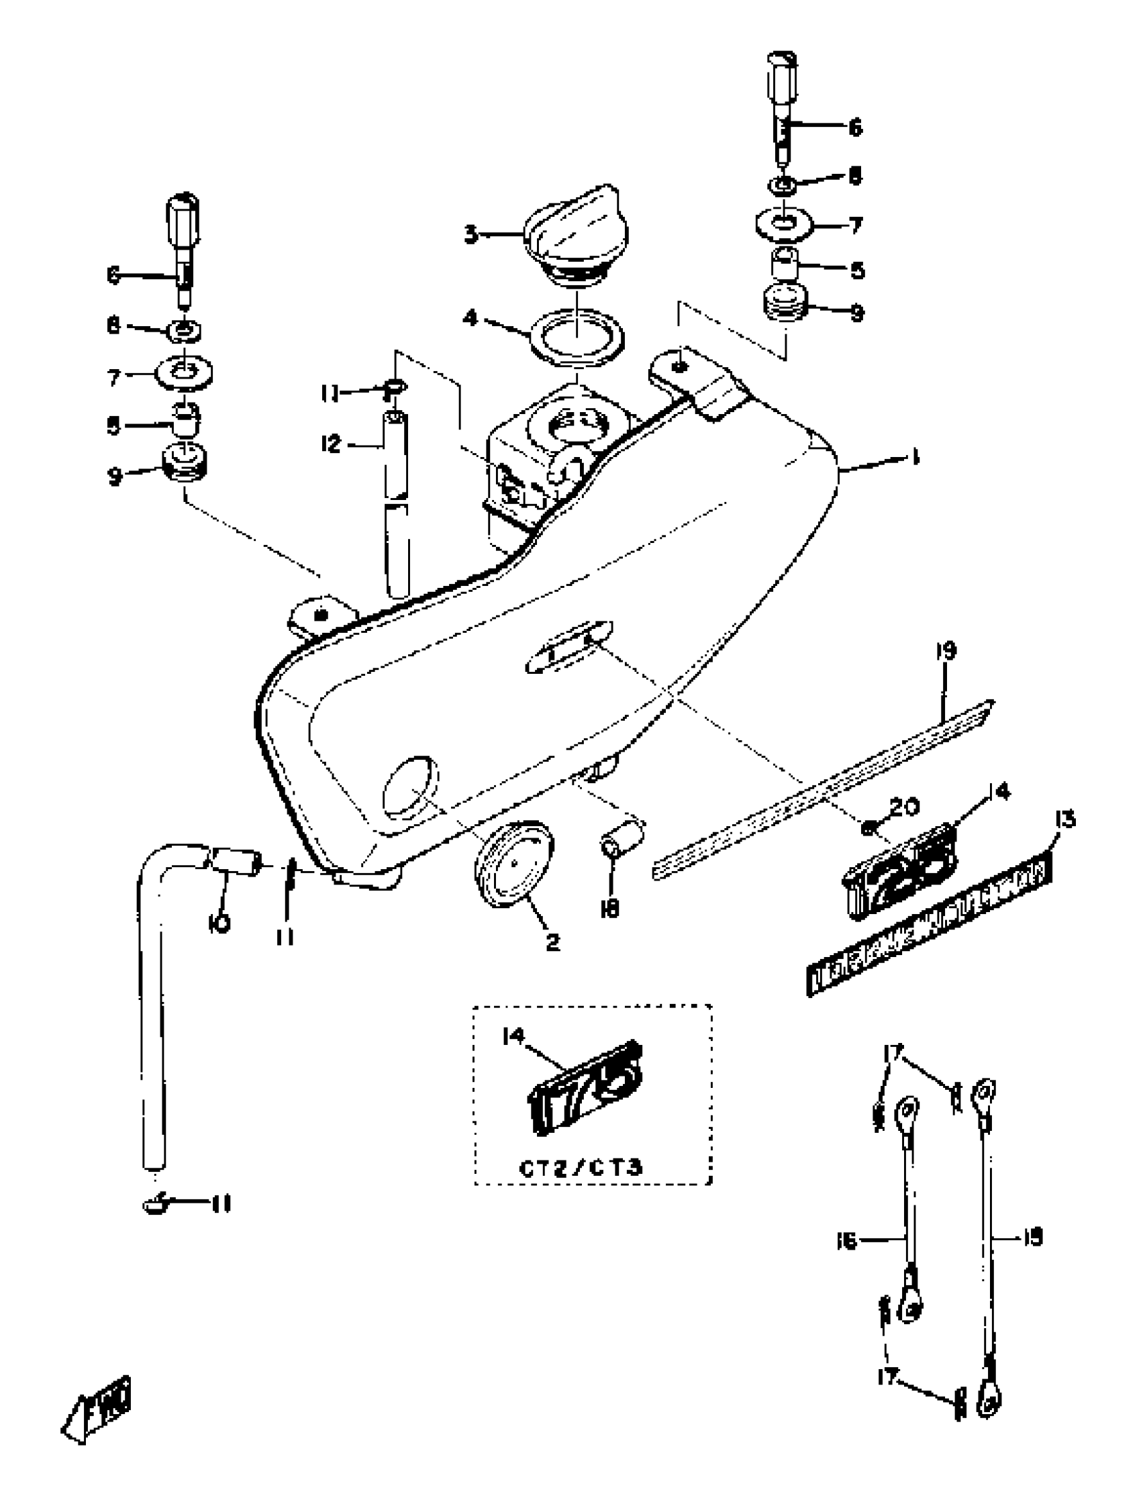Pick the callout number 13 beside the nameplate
pyautogui.click(x=1064, y=820)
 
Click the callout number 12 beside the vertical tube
pyautogui.click(x=331, y=446)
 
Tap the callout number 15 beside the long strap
pyautogui.click(x=1032, y=1236)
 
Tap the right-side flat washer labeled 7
pyautogui.click(x=785, y=225)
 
